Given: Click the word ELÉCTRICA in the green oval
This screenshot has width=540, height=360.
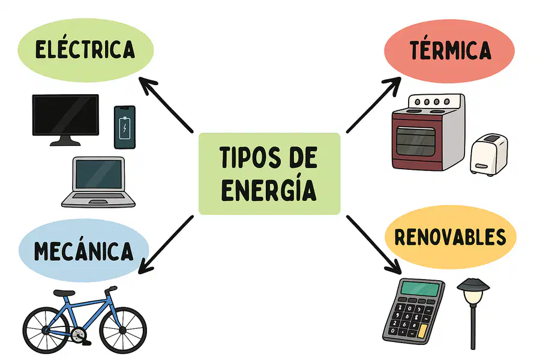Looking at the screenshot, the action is pyautogui.click(x=85, y=49).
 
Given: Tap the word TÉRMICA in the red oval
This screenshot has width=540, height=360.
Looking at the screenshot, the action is pyautogui.click(x=450, y=50).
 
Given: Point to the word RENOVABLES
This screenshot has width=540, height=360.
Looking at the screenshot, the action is pyautogui.click(x=450, y=237).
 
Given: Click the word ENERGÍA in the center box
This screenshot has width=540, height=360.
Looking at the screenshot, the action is pyautogui.click(x=269, y=190).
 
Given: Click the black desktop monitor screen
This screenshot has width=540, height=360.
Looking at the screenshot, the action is pyautogui.click(x=65, y=115).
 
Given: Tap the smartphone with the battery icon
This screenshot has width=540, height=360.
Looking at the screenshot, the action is pyautogui.click(x=125, y=127).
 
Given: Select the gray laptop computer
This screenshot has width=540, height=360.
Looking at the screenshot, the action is pyautogui.click(x=98, y=182).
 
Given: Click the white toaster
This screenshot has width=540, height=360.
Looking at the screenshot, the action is pyautogui.click(x=489, y=154).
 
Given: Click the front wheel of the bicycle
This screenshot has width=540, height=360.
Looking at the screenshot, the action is pyautogui.click(x=123, y=331).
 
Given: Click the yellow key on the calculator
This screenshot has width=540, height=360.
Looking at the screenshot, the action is pyautogui.click(x=422, y=331).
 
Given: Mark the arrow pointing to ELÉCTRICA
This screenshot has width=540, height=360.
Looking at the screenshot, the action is pyautogui.click(x=166, y=105).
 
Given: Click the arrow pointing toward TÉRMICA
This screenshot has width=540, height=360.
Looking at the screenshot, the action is pyautogui.click(x=374, y=105).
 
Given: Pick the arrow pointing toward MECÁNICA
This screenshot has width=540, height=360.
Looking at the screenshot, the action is pyautogui.click(x=166, y=245).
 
